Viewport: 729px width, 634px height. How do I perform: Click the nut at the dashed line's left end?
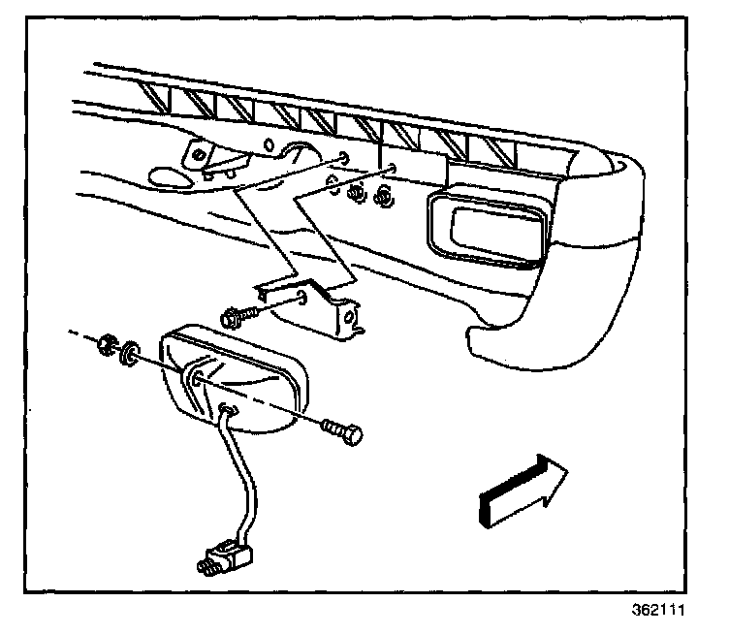(x=108, y=344)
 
